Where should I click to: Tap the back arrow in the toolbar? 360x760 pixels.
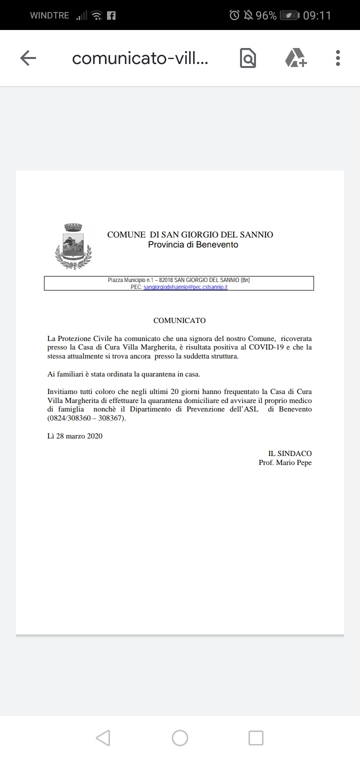(x=28, y=58)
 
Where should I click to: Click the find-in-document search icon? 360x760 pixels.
(x=247, y=58)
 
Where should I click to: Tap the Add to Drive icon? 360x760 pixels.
(x=295, y=58)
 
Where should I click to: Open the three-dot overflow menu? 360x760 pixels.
(x=338, y=58)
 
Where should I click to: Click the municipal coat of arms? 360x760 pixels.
(x=73, y=246)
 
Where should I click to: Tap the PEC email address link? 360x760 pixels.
(x=185, y=287)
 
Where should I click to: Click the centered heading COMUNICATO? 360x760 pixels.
(x=179, y=320)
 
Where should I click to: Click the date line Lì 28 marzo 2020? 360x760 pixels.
(x=74, y=436)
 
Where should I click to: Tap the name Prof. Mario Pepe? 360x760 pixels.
(x=285, y=462)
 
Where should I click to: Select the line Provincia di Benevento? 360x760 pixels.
(x=193, y=244)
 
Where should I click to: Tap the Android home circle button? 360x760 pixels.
(x=180, y=737)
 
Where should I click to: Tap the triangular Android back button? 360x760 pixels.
(x=102, y=737)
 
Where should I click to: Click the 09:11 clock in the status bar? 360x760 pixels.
(x=317, y=15)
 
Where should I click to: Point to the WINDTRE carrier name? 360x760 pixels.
(x=49, y=15)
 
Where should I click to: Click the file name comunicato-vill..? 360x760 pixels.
(x=140, y=58)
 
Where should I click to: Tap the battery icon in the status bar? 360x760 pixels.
(x=289, y=15)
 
